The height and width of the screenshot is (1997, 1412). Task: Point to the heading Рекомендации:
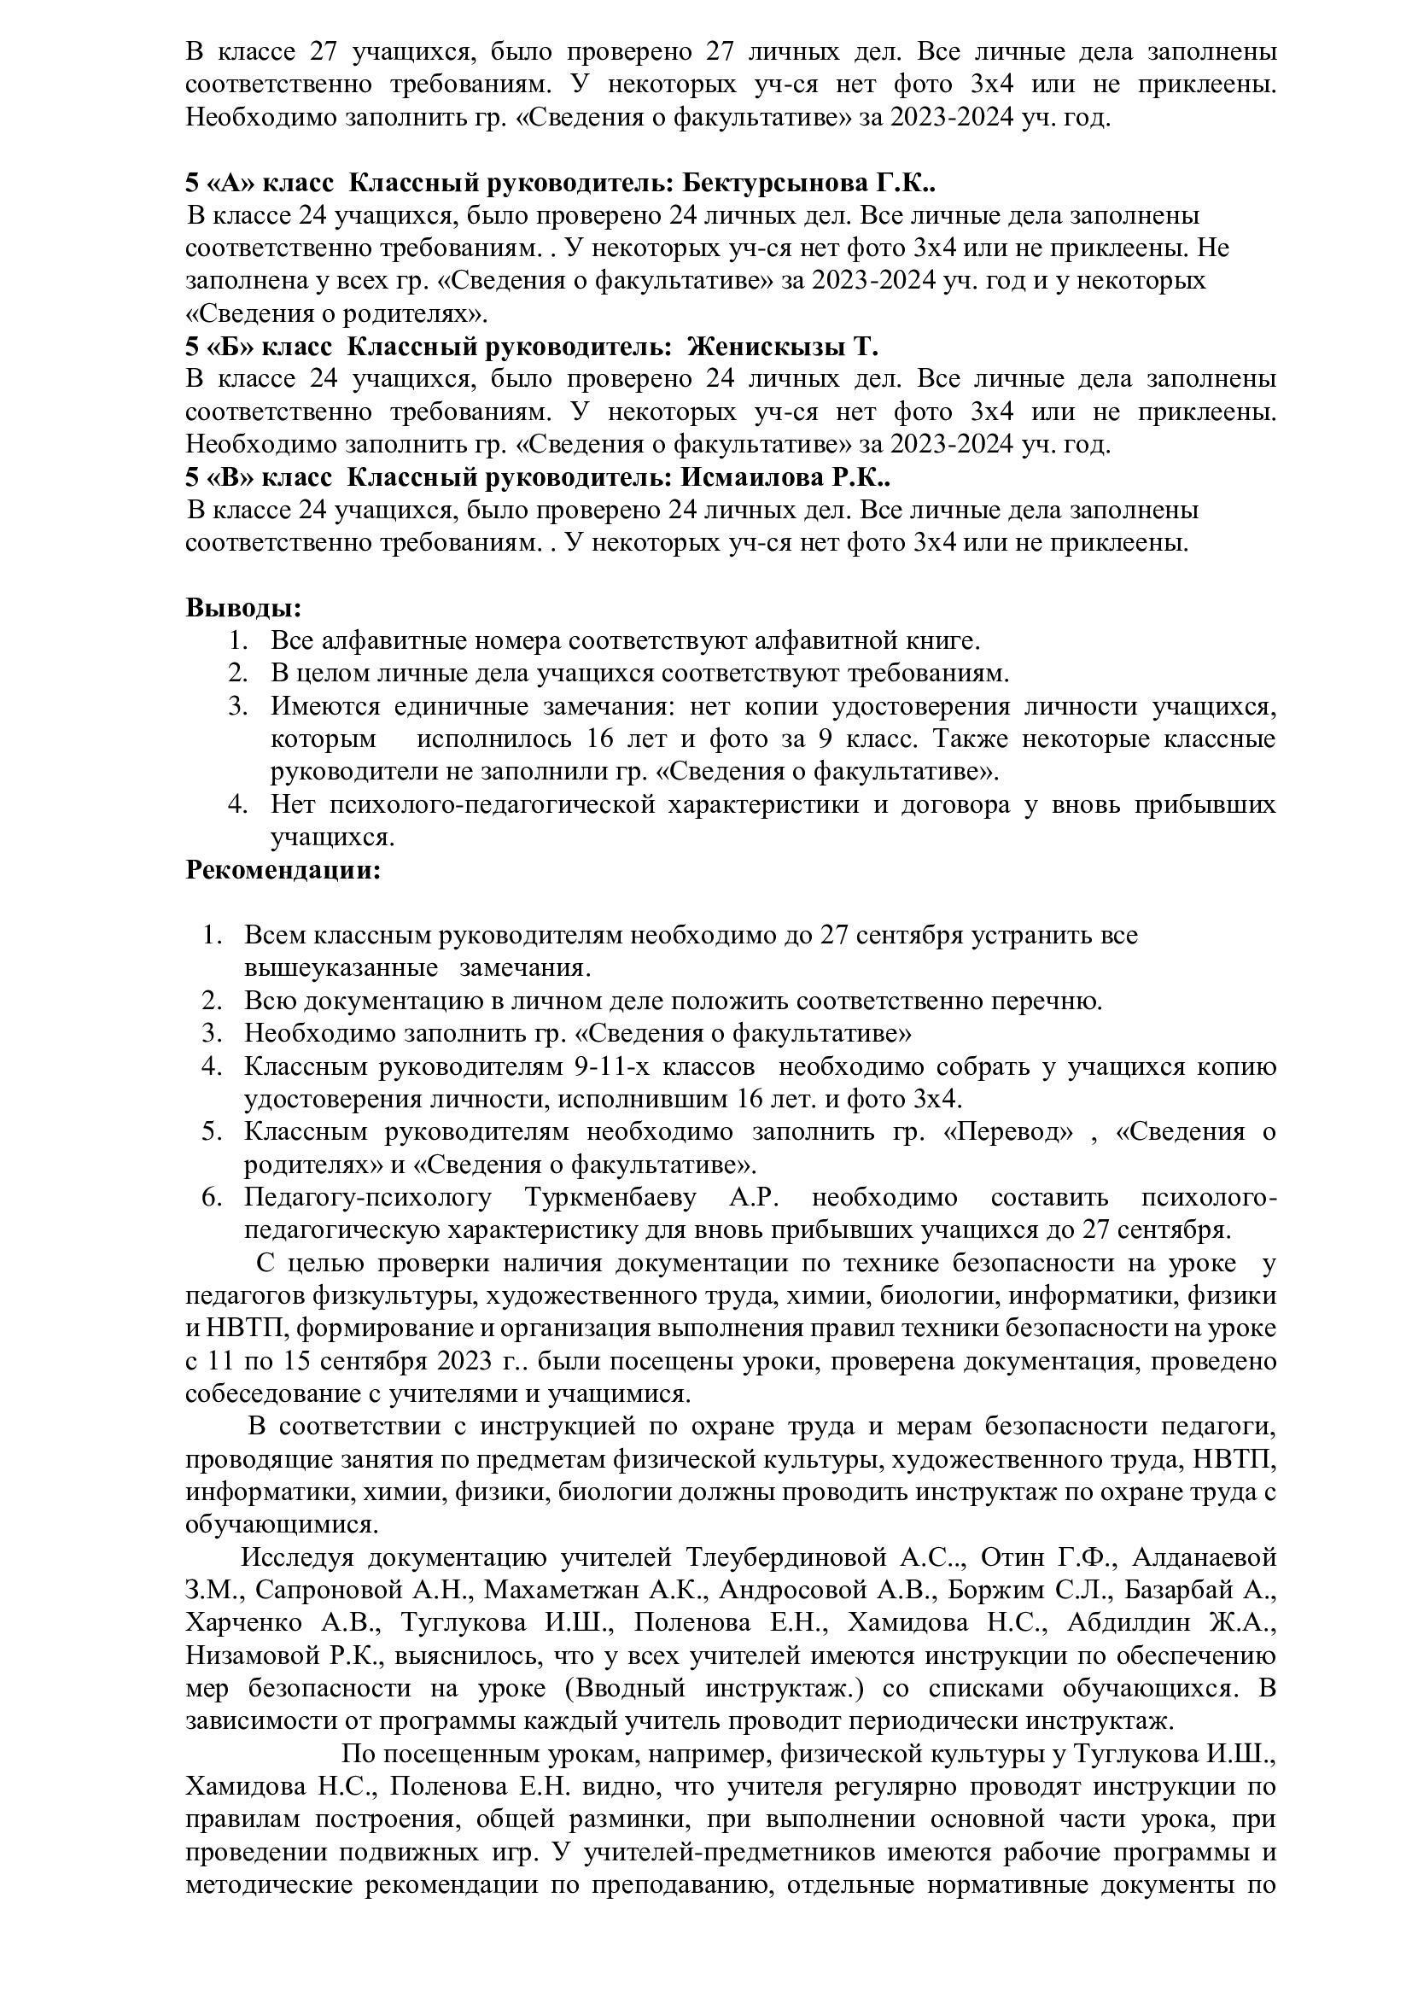pyautogui.click(x=283, y=870)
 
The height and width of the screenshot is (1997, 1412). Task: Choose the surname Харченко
pyautogui.click(x=244, y=1622)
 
